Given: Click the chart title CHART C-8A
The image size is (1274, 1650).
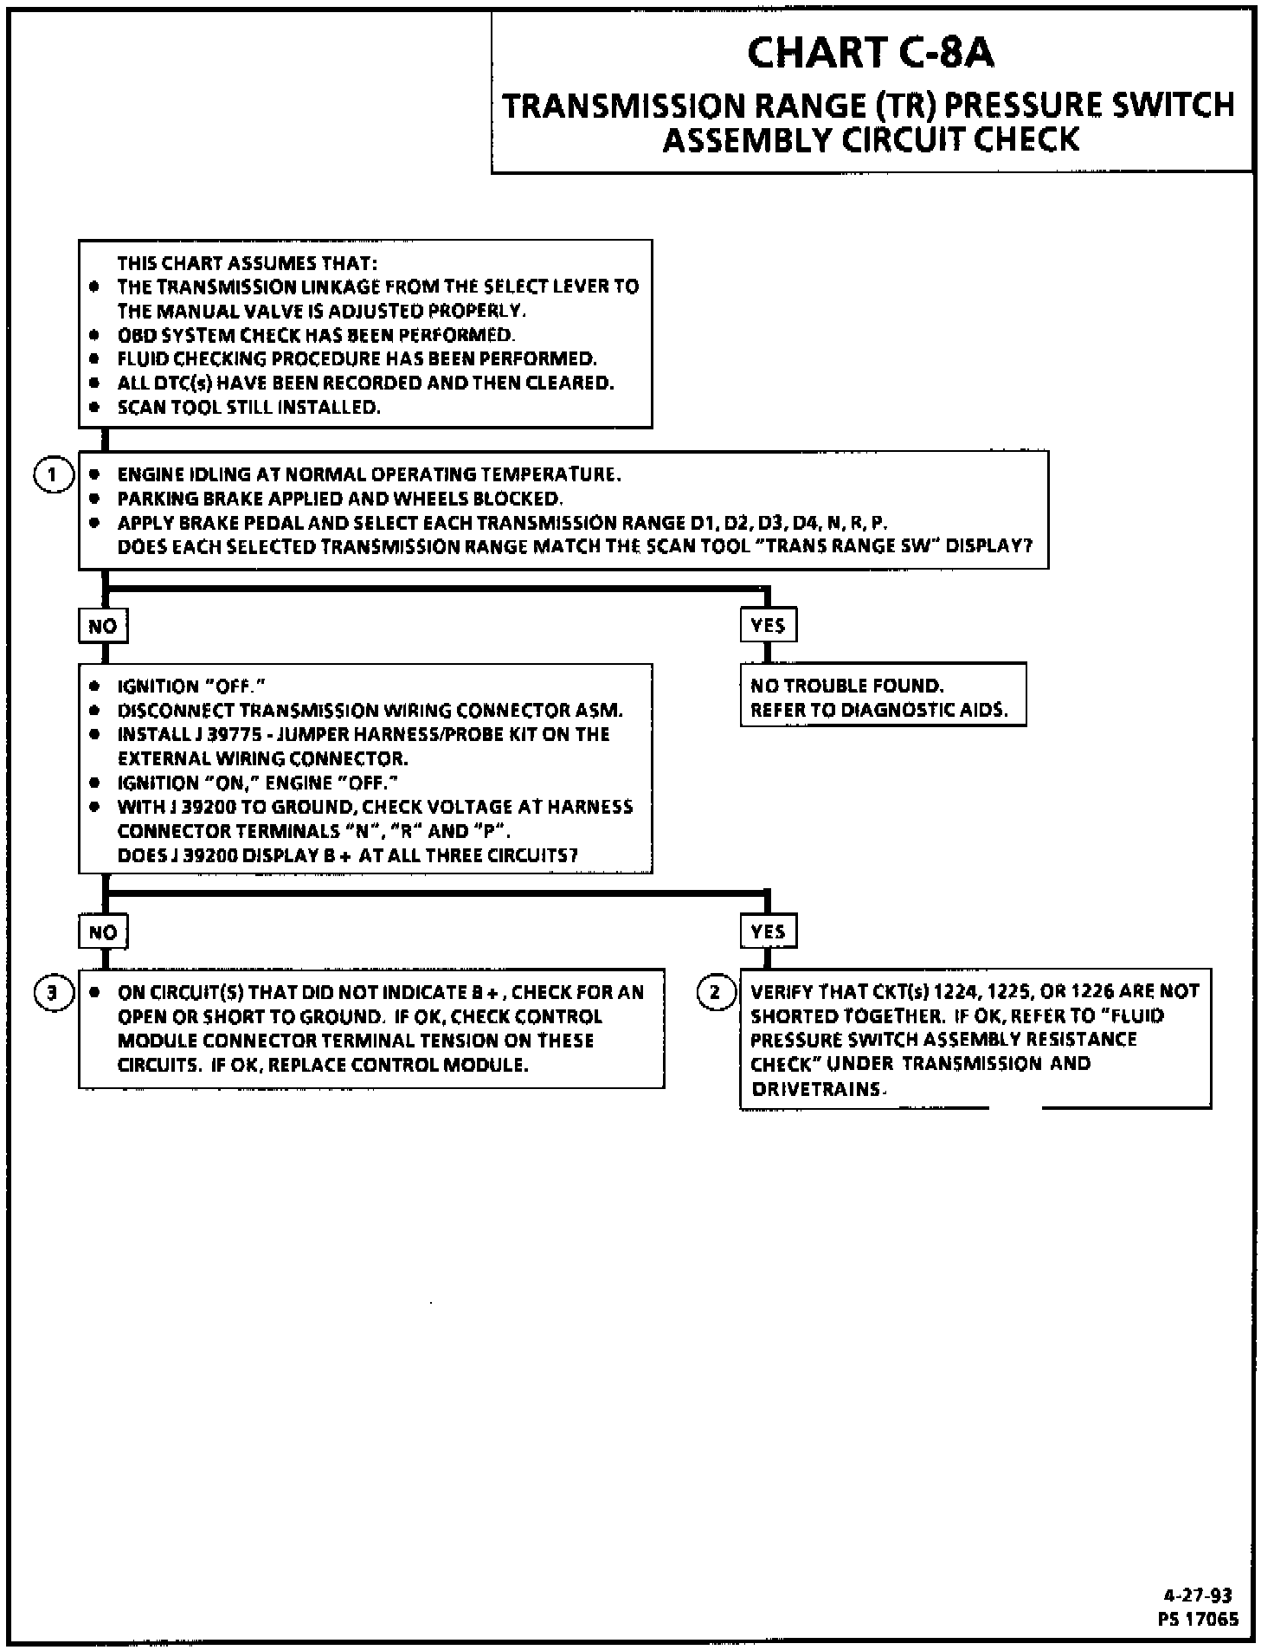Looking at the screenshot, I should (871, 53).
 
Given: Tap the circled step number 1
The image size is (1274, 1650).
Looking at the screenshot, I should (52, 476).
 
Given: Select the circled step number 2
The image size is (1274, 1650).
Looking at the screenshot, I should (715, 992).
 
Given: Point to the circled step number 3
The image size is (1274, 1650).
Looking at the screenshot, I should (52, 992).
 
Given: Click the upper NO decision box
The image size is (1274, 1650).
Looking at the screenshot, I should (103, 626).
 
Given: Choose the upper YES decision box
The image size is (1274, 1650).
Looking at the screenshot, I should (768, 626).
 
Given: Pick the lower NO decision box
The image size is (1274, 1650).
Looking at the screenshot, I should (103, 932).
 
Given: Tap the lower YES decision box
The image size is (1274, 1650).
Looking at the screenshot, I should (768, 932).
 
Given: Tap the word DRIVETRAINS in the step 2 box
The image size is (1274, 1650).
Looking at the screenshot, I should (815, 1089).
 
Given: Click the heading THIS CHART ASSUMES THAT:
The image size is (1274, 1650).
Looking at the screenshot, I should (248, 263).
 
